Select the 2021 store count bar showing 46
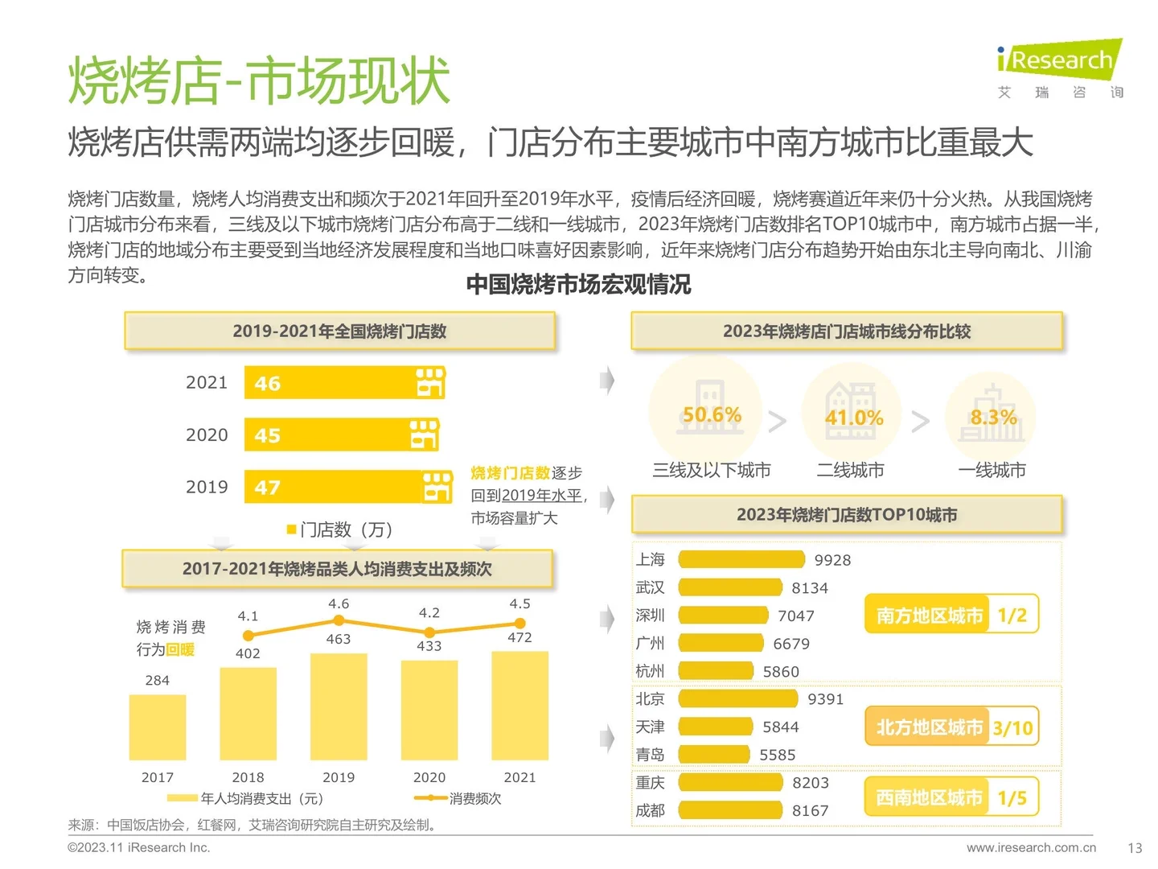point(344,383)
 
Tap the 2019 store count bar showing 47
point(348,487)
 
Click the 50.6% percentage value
point(712,415)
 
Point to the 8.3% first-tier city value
point(993,418)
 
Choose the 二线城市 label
point(850,470)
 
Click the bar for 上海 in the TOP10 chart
point(741,560)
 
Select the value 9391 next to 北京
point(825,699)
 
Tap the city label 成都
point(650,810)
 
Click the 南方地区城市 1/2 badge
point(951,616)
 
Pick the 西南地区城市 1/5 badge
point(951,797)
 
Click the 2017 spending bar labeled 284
point(158,727)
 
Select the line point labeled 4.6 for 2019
point(339,620)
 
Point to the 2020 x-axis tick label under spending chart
point(429,777)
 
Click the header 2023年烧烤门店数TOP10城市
point(847,515)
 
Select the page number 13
point(1134,847)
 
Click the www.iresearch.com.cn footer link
point(1031,847)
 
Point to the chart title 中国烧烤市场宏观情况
point(578,284)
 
